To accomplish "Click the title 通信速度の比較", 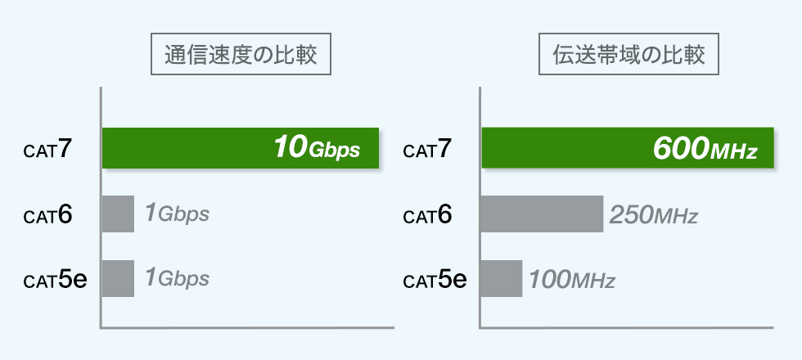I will point(241,56).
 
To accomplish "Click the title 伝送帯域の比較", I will point(629,56).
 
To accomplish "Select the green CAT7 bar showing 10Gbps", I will point(188,148).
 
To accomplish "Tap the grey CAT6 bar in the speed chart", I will point(118,214).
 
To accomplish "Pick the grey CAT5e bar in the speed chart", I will point(118,279).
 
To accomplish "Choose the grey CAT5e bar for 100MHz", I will point(501,279).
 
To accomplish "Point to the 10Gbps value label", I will point(316,148).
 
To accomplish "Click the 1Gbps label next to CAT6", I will point(177,214).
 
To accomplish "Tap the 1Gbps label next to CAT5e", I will point(177,279).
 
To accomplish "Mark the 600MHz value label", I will point(705,149).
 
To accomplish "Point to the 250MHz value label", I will point(653,216).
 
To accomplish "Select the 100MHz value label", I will point(571,281).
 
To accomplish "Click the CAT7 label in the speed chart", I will point(48,150).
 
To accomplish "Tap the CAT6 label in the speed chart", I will point(48,216).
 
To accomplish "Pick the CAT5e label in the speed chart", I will point(55,281).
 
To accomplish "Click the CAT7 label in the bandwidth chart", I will point(428,150).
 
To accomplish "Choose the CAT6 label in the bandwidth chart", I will point(428,216).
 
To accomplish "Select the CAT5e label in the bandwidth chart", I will point(435,281).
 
